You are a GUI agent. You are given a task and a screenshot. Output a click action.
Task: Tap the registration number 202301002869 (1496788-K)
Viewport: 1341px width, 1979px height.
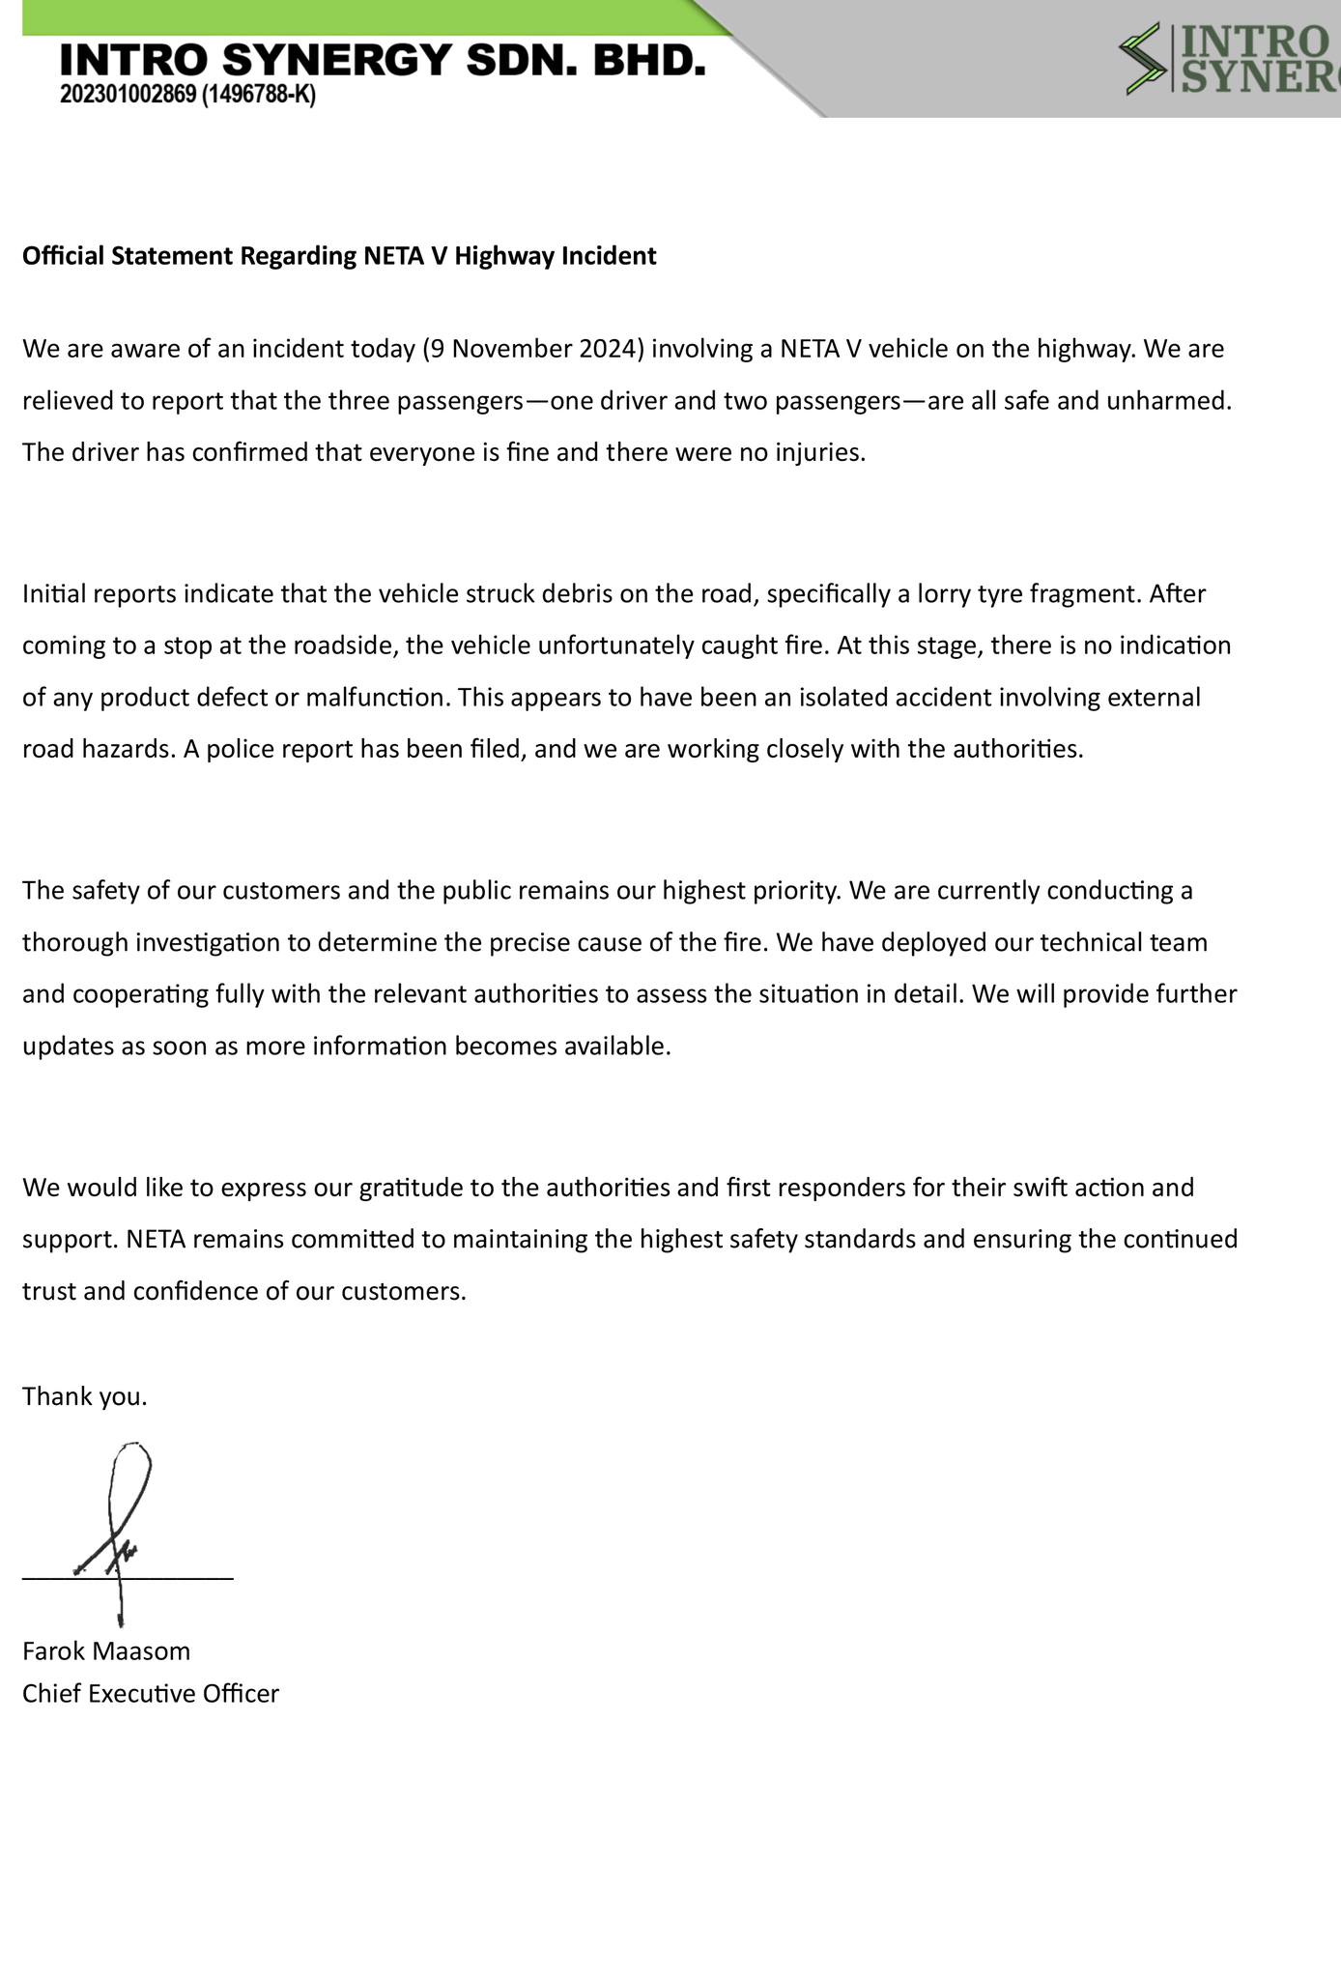(x=187, y=96)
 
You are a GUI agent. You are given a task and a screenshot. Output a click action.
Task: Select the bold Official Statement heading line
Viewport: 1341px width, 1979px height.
(x=339, y=256)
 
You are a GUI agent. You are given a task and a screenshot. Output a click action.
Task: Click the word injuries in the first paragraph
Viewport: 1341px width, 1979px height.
(x=820, y=452)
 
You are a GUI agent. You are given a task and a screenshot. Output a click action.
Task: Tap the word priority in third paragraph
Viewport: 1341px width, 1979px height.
(x=790, y=890)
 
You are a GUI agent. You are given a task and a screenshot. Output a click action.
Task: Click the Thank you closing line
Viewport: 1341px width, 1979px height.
(x=85, y=1396)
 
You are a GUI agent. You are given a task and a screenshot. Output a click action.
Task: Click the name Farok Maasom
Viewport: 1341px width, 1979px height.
(x=106, y=1650)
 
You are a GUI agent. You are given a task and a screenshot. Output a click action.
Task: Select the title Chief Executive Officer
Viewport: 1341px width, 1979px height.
(x=151, y=1693)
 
